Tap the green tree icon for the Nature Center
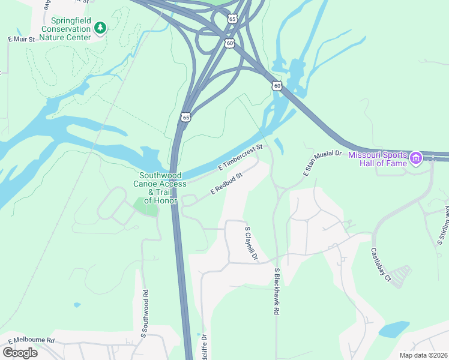point(101,27)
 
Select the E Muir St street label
point(22,39)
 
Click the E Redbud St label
point(226,184)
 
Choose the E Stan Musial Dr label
point(322,163)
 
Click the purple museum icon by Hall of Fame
point(415,158)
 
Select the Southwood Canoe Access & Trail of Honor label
point(155,187)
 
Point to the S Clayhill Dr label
point(251,244)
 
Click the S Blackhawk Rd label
point(277,292)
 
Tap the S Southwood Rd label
point(145,312)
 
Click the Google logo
point(20,353)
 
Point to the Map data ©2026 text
point(423,355)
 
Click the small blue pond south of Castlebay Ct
point(393,329)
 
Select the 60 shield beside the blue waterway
point(277,86)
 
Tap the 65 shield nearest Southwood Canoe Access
point(186,117)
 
